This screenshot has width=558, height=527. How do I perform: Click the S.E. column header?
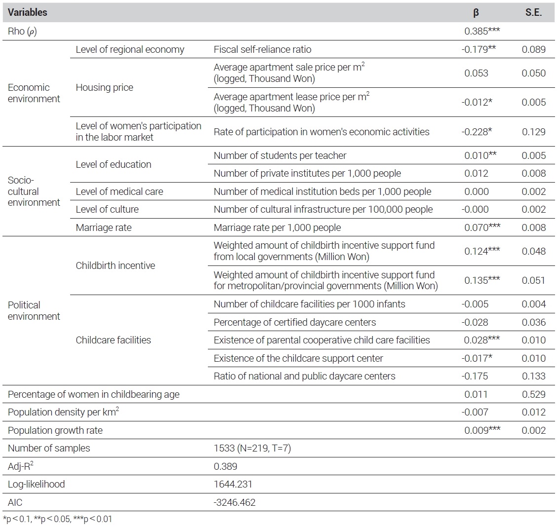click(533, 12)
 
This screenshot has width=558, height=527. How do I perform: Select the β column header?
click(476, 13)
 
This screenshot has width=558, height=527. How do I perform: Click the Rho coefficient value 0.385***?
click(482, 31)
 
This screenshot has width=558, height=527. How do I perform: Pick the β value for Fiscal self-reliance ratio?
click(478, 49)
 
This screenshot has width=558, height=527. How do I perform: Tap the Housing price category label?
click(104, 87)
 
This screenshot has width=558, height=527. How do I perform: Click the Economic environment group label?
click(34, 93)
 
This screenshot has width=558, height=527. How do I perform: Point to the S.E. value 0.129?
click(533, 132)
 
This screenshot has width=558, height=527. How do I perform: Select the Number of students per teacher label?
click(279, 155)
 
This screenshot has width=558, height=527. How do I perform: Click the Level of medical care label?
click(119, 191)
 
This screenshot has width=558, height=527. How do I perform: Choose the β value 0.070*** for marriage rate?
click(482, 227)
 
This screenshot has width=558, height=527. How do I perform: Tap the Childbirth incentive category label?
click(115, 265)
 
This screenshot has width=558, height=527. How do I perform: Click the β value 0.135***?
click(482, 280)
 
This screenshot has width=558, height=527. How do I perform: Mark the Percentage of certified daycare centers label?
click(295, 322)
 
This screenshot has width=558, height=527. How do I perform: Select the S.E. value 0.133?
click(533, 376)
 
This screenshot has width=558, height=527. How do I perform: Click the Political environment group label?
click(34, 311)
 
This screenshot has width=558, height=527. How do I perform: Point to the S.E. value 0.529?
click(533, 394)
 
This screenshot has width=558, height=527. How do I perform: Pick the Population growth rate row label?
click(55, 430)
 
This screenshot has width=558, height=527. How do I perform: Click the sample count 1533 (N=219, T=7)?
click(252, 448)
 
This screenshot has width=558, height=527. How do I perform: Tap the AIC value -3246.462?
click(235, 502)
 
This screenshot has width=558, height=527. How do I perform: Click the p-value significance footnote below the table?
click(57, 519)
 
